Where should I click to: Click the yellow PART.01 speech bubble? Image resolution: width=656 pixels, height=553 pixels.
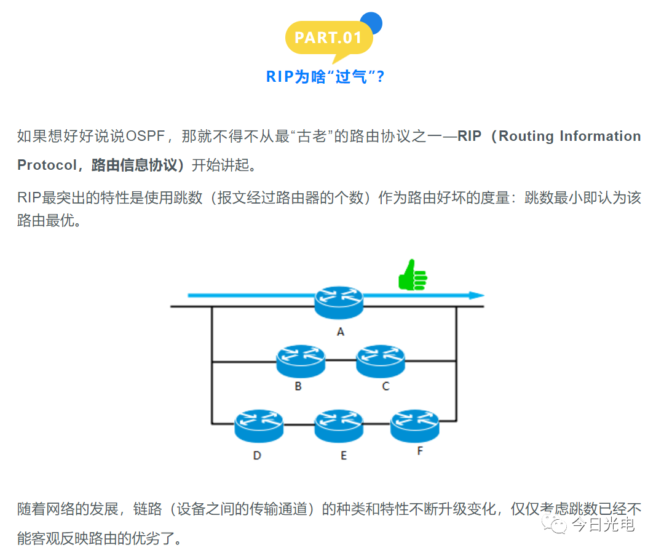tap(328, 38)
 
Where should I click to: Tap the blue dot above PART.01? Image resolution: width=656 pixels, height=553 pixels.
tap(371, 23)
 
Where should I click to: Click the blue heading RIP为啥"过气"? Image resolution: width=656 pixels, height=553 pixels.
tap(325, 76)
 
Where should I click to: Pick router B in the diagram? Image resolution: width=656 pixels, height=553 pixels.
tap(300, 361)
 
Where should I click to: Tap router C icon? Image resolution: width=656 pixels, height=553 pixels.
tap(381, 361)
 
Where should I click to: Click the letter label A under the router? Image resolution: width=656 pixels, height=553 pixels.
tap(340, 332)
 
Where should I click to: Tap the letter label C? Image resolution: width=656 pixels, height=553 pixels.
tap(385, 386)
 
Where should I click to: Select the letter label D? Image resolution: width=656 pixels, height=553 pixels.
tap(257, 455)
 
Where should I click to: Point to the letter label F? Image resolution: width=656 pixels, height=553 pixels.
tap(420, 451)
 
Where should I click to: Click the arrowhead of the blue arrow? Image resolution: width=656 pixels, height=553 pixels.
tap(476, 296)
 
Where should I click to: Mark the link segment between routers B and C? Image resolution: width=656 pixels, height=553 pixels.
tap(341, 362)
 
